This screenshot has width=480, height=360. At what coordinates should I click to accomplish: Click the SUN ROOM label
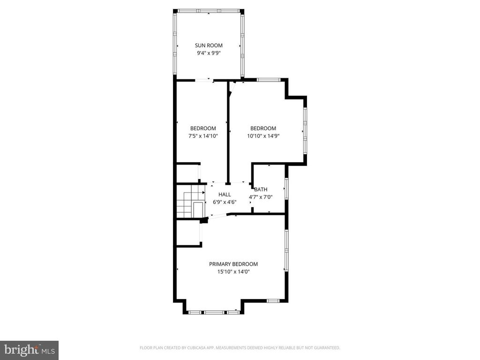coord(209,45)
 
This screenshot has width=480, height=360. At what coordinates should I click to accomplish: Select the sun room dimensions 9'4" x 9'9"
coord(209,53)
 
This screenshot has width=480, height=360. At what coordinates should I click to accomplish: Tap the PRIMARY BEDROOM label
coord(233,264)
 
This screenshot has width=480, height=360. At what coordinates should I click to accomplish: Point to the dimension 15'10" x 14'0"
coord(233,271)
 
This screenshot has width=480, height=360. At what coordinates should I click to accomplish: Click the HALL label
coord(225,194)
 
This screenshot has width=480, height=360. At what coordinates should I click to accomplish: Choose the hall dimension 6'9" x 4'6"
coord(225,202)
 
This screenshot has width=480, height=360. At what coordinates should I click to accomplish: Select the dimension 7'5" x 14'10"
coord(203,136)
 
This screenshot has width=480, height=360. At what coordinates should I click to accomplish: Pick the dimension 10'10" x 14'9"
coord(263,136)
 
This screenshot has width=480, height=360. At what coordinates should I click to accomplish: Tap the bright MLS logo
coord(29,350)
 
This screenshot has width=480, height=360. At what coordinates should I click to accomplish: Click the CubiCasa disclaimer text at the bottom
coord(240,348)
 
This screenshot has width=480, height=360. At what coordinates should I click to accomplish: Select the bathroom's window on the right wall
coord(286,189)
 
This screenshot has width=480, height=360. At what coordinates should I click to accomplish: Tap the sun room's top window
coord(209,11)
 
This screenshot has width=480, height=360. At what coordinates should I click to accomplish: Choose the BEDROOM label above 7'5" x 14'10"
coord(203,128)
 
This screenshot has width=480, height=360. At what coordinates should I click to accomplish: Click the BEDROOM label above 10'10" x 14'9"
coord(263,128)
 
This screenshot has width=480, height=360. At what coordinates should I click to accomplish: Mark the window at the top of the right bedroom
coord(269,80)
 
